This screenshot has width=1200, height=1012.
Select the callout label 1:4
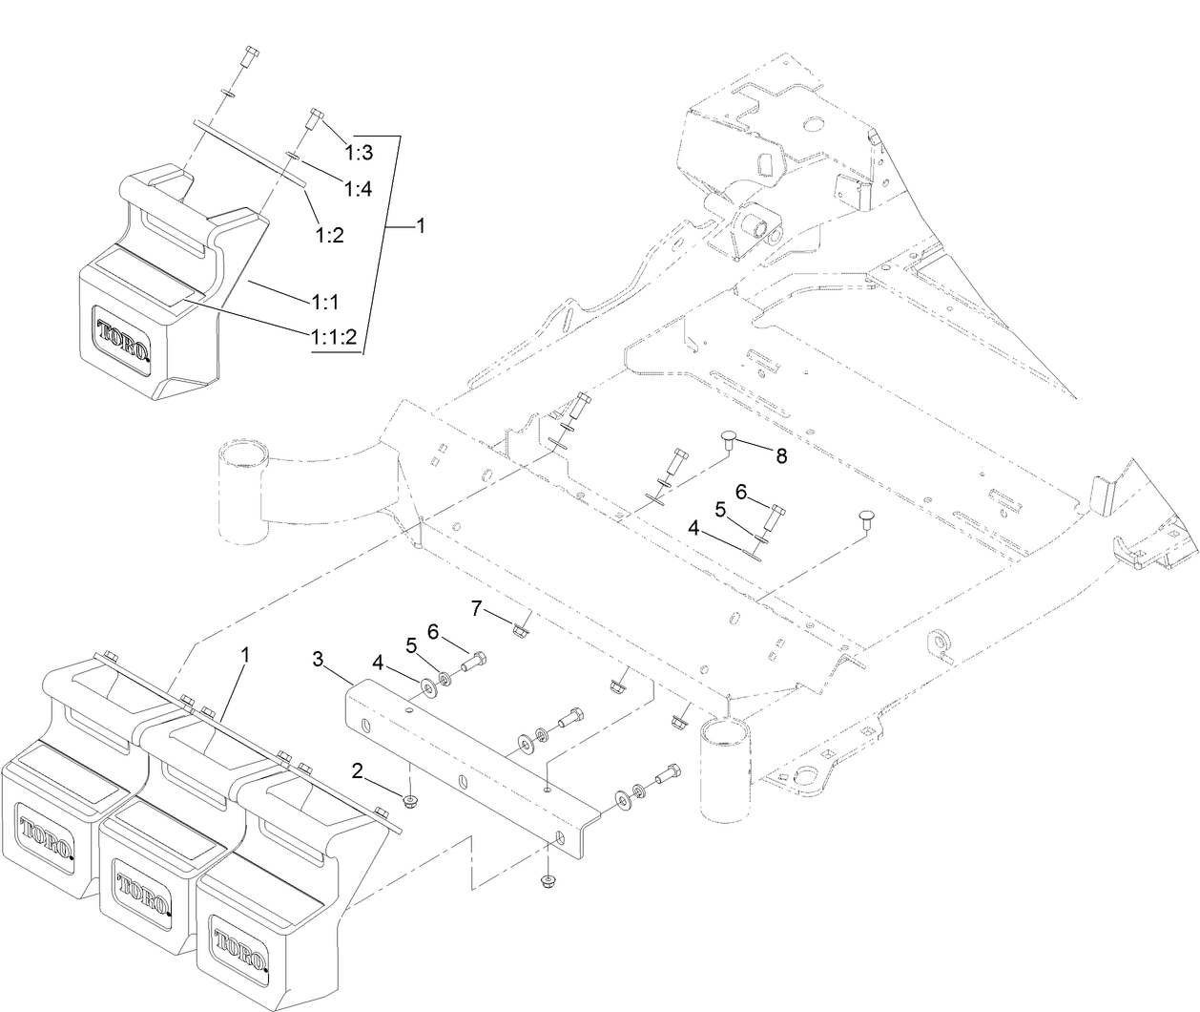click(x=358, y=188)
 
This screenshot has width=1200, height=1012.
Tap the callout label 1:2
click(x=329, y=234)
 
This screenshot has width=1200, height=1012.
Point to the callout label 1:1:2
click(x=333, y=336)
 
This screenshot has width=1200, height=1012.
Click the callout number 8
click(x=781, y=455)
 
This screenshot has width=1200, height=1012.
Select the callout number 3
click(x=320, y=658)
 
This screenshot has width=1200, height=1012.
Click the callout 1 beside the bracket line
click(x=421, y=227)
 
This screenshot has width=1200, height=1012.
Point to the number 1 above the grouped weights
click(x=245, y=656)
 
